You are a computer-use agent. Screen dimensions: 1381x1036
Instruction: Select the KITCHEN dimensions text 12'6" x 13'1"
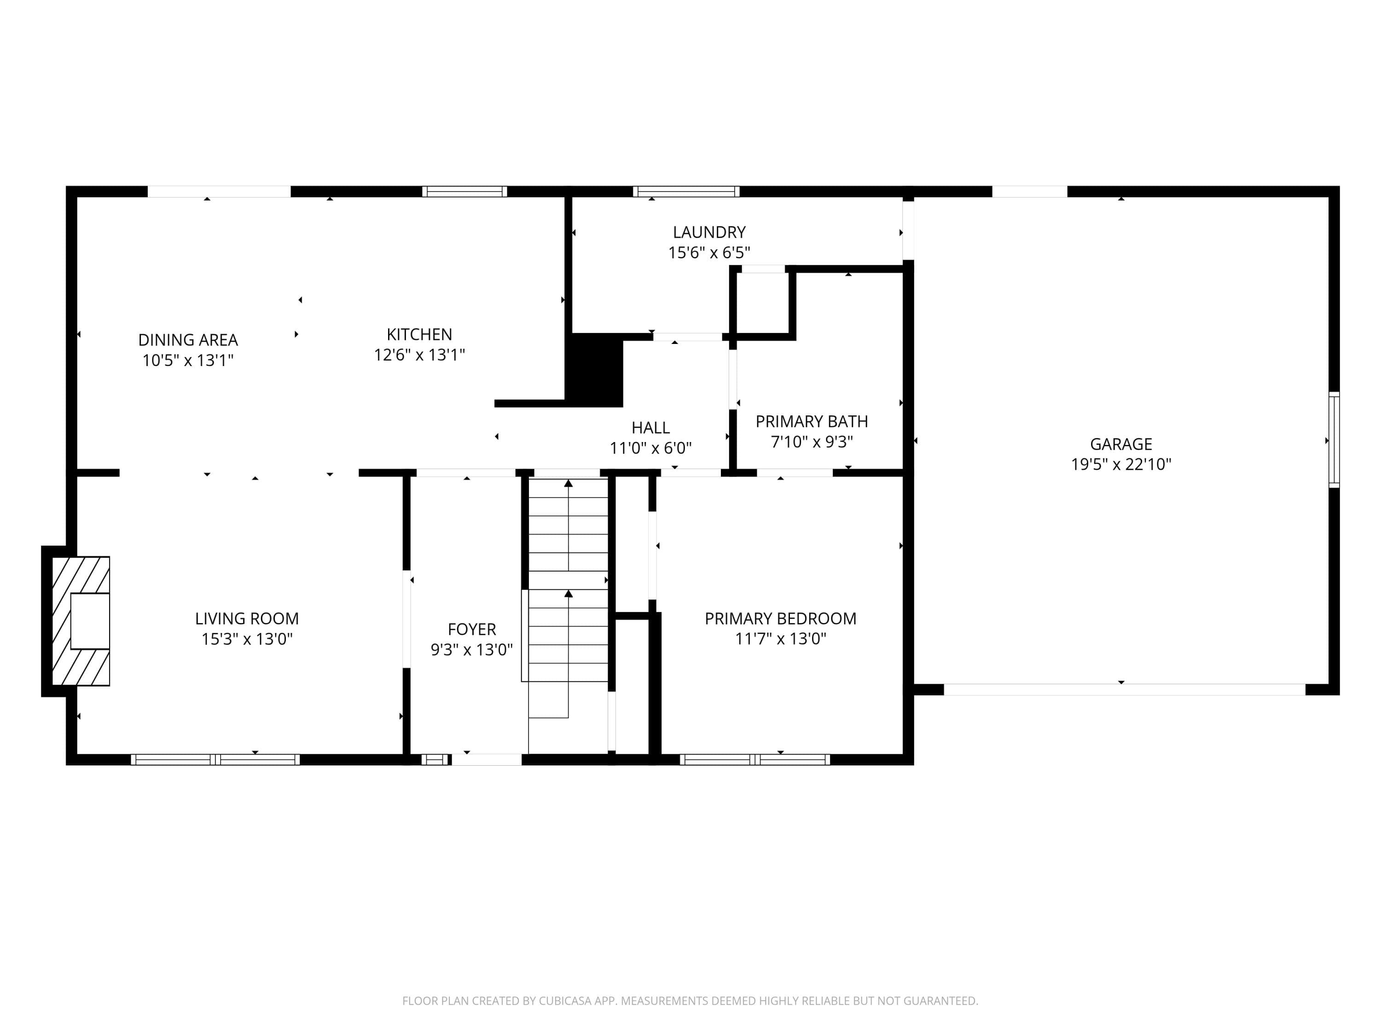[x=419, y=355]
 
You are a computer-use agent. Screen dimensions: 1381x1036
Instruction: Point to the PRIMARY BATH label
[x=812, y=421]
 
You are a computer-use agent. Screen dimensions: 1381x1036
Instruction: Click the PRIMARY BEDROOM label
[x=780, y=618]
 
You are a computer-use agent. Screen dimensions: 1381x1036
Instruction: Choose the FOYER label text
[x=471, y=629]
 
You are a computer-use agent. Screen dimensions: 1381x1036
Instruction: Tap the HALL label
[x=650, y=428]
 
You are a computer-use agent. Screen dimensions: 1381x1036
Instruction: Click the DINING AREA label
[x=188, y=340]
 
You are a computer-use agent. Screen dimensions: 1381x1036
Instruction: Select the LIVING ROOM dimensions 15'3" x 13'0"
[x=247, y=639]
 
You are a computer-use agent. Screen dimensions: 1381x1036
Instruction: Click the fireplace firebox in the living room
[x=90, y=621]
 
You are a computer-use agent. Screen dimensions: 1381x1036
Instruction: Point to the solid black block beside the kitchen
[x=594, y=370]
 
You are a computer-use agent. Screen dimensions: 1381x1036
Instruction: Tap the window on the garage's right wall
[x=1334, y=440]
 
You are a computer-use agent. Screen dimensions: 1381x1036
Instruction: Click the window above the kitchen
[x=464, y=191]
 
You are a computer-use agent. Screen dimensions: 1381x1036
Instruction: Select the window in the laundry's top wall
[x=686, y=191]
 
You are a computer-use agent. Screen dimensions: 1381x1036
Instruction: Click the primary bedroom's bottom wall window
[x=755, y=759]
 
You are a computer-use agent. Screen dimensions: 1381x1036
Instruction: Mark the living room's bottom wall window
[x=215, y=759]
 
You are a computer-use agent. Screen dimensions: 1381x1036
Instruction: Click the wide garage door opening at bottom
[x=1125, y=689]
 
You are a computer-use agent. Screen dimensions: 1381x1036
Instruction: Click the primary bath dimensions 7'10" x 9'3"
[x=812, y=442]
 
